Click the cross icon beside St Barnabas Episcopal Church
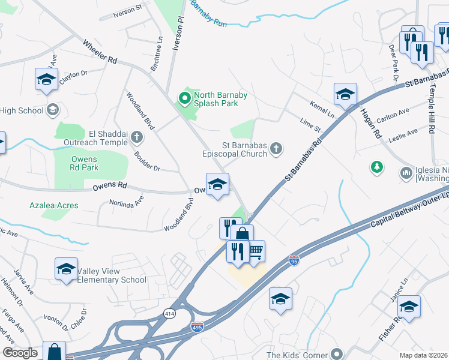click(276, 148)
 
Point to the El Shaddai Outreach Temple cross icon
click(137, 137)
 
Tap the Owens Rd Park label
click(84, 164)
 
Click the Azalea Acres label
click(53, 205)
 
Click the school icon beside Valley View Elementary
click(66, 268)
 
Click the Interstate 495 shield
click(197, 326)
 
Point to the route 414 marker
click(169, 314)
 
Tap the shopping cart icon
click(256, 250)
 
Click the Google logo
click(20, 353)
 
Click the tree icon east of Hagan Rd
click(377, 166)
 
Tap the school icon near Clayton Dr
click(46, 79)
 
